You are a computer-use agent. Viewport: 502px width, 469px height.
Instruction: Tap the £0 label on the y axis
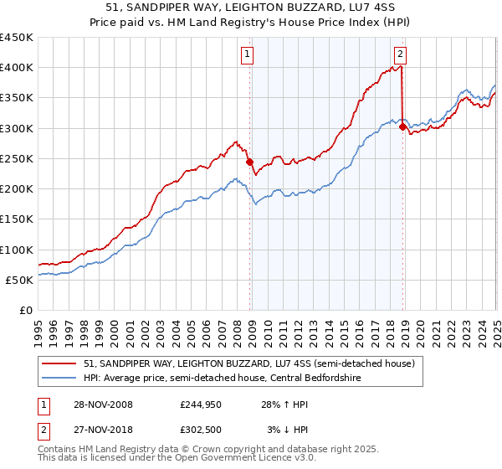pyautogui.click(x=26, y=310)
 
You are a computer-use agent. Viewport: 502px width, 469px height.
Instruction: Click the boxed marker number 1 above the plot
pyautogui.click(x=248, y=55)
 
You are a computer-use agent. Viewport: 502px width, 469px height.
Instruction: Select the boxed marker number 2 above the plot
pyautogui.click(x=401, y=55)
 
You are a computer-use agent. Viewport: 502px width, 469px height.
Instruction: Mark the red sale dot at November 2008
pyautogui.click(x=250, y=162)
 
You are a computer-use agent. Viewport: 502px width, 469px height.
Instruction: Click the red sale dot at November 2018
pyautogui.click(x=402, y=127)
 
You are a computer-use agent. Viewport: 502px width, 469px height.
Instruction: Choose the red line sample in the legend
pyautogui.click(x=59, y=363)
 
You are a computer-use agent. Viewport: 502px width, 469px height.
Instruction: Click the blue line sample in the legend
pyautogui.click(x=59, y=378)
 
